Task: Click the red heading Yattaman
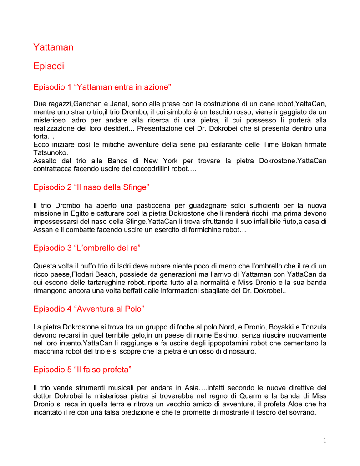tap(53, 47)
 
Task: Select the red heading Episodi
tap(49, 66)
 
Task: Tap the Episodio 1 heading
tap(102, 87)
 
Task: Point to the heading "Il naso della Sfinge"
tap(91, 187)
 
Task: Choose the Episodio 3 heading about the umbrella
tap(87, 248)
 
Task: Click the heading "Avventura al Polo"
tap(89, 309)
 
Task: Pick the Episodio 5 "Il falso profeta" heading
tap(82, 370)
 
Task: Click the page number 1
tap(325, 440)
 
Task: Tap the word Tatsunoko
tap(51, 152)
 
